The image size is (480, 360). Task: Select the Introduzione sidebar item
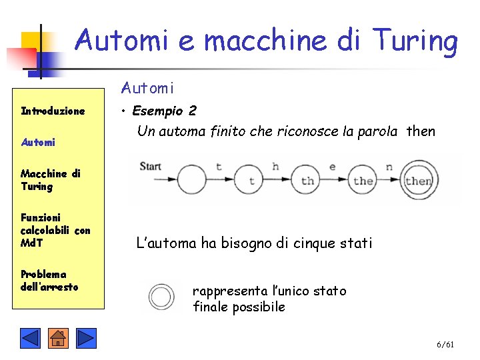pyautogui.click(x=53, y=111)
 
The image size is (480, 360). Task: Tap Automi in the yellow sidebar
pyautogui.click(x=38, y=142)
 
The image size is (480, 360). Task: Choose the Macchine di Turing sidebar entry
pyautogui.click(x=50, y=180)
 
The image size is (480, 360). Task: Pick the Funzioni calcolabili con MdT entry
pyautogui.click(x=55, y=230)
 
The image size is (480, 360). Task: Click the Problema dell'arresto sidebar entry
pyautogui.click(x=49, y=281)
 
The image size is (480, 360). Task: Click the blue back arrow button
pyautogui.click(x=30, y=338)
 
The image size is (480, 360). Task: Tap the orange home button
pyautogui.click(x=58, y=338)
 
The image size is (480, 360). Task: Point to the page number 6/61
pyautogui.click(x=445, y=345)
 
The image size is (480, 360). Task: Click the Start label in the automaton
pyautogui.click(x=151, y=166)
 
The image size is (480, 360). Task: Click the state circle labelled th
pyautogui.click(x=307, y=180)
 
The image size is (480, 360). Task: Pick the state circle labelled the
pyautogui.click(x=363, y=180)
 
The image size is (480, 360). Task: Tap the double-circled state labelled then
pyautogui.click(x=419, y=179)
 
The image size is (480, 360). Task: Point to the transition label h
pyautogui.click(x=275, y=166)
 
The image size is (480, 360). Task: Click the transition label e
pyautogui.click(x=332, y=167)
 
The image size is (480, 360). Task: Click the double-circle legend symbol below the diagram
pyautogui.click(x=161, y=297)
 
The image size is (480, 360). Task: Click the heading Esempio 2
pyautogui.click(x=164, y=111)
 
